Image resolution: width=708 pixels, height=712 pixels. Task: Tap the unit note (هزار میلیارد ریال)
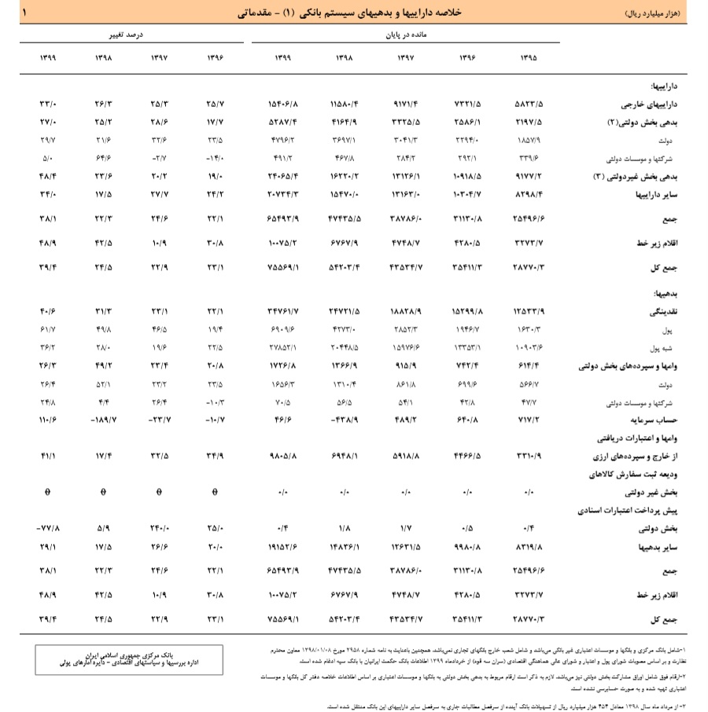[x=651, y=13]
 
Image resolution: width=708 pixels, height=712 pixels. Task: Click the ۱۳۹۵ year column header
[x=528, y=57]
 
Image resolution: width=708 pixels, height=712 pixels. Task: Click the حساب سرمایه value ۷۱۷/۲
[x=528, y=421]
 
